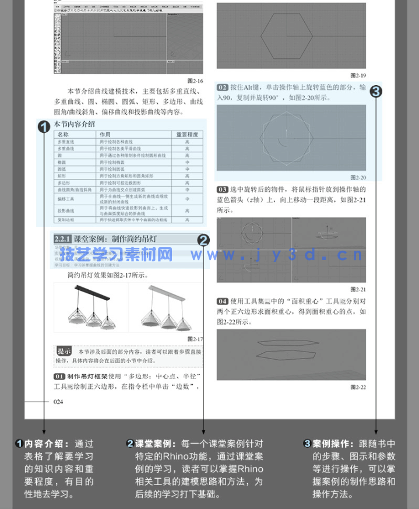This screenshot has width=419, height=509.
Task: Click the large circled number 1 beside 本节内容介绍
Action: [x=44, y=126]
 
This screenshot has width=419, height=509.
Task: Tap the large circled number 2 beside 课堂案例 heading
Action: [x=203, y=240]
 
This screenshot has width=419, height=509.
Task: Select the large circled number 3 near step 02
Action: [x=376, y=91]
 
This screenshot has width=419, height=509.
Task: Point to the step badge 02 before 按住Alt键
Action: [x=223, y=87]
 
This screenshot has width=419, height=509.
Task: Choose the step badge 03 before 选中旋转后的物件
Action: [x=223, y=189]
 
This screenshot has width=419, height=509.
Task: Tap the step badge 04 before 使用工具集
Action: [x=223, y=301]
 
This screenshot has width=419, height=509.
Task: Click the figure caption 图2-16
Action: [x=195, y=81]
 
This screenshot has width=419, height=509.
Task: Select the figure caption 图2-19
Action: [x=358, y=75]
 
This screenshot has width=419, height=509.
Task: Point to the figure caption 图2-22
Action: [x=358, y=387]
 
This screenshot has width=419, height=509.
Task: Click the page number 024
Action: [x=58, y=401]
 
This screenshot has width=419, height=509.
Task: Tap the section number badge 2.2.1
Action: [x=62, y=239]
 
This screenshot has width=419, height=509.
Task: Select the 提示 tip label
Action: [x=64, y=351]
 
